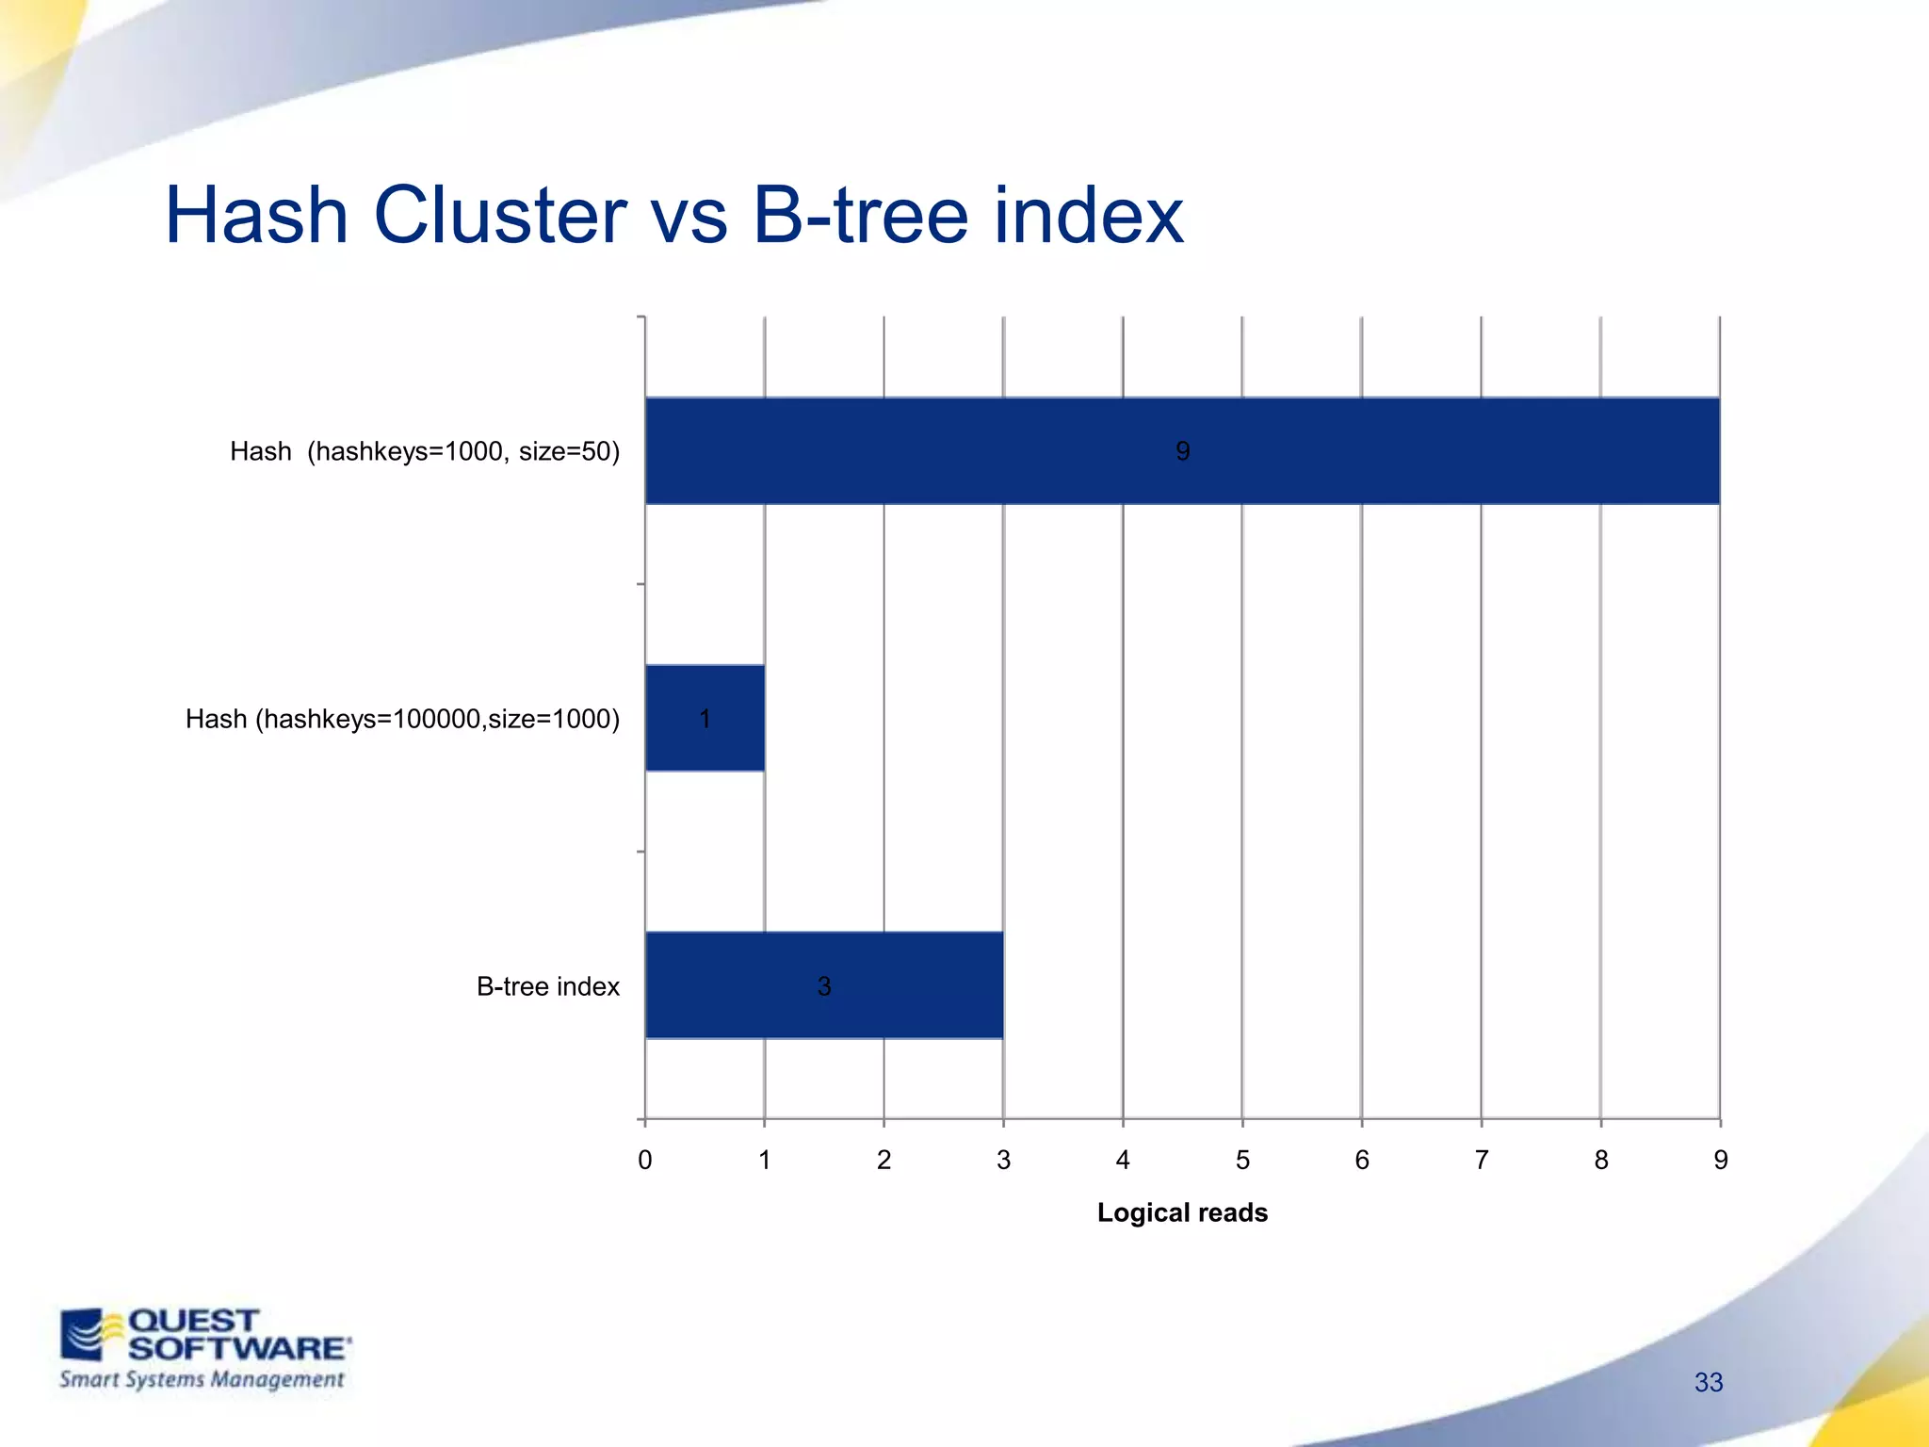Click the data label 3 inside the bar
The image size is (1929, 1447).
coord(824,986)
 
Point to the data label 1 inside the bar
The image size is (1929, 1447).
coord(705,719)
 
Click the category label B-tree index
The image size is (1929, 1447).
coord(547,986)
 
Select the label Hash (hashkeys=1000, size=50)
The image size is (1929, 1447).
coord(425,451)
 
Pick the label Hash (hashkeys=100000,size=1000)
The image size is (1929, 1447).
coord(402,719)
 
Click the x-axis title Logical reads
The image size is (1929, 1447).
coord(1182,1212)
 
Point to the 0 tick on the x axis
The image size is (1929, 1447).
coord(645,1160)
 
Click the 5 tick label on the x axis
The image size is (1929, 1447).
coord(1242,1160)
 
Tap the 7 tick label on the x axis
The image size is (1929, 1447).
coord(1482,1160)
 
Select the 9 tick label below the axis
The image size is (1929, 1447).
coord(1720,1160)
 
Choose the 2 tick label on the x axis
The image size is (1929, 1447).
coord(883,1160)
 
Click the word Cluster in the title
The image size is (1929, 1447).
coord(500,216)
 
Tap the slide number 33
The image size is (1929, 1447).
coord(1708,1382)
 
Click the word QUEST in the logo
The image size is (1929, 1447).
coord(193,1321)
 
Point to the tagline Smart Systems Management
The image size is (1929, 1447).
coord(202,1379)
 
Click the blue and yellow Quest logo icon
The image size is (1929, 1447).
coord(91,1334)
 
